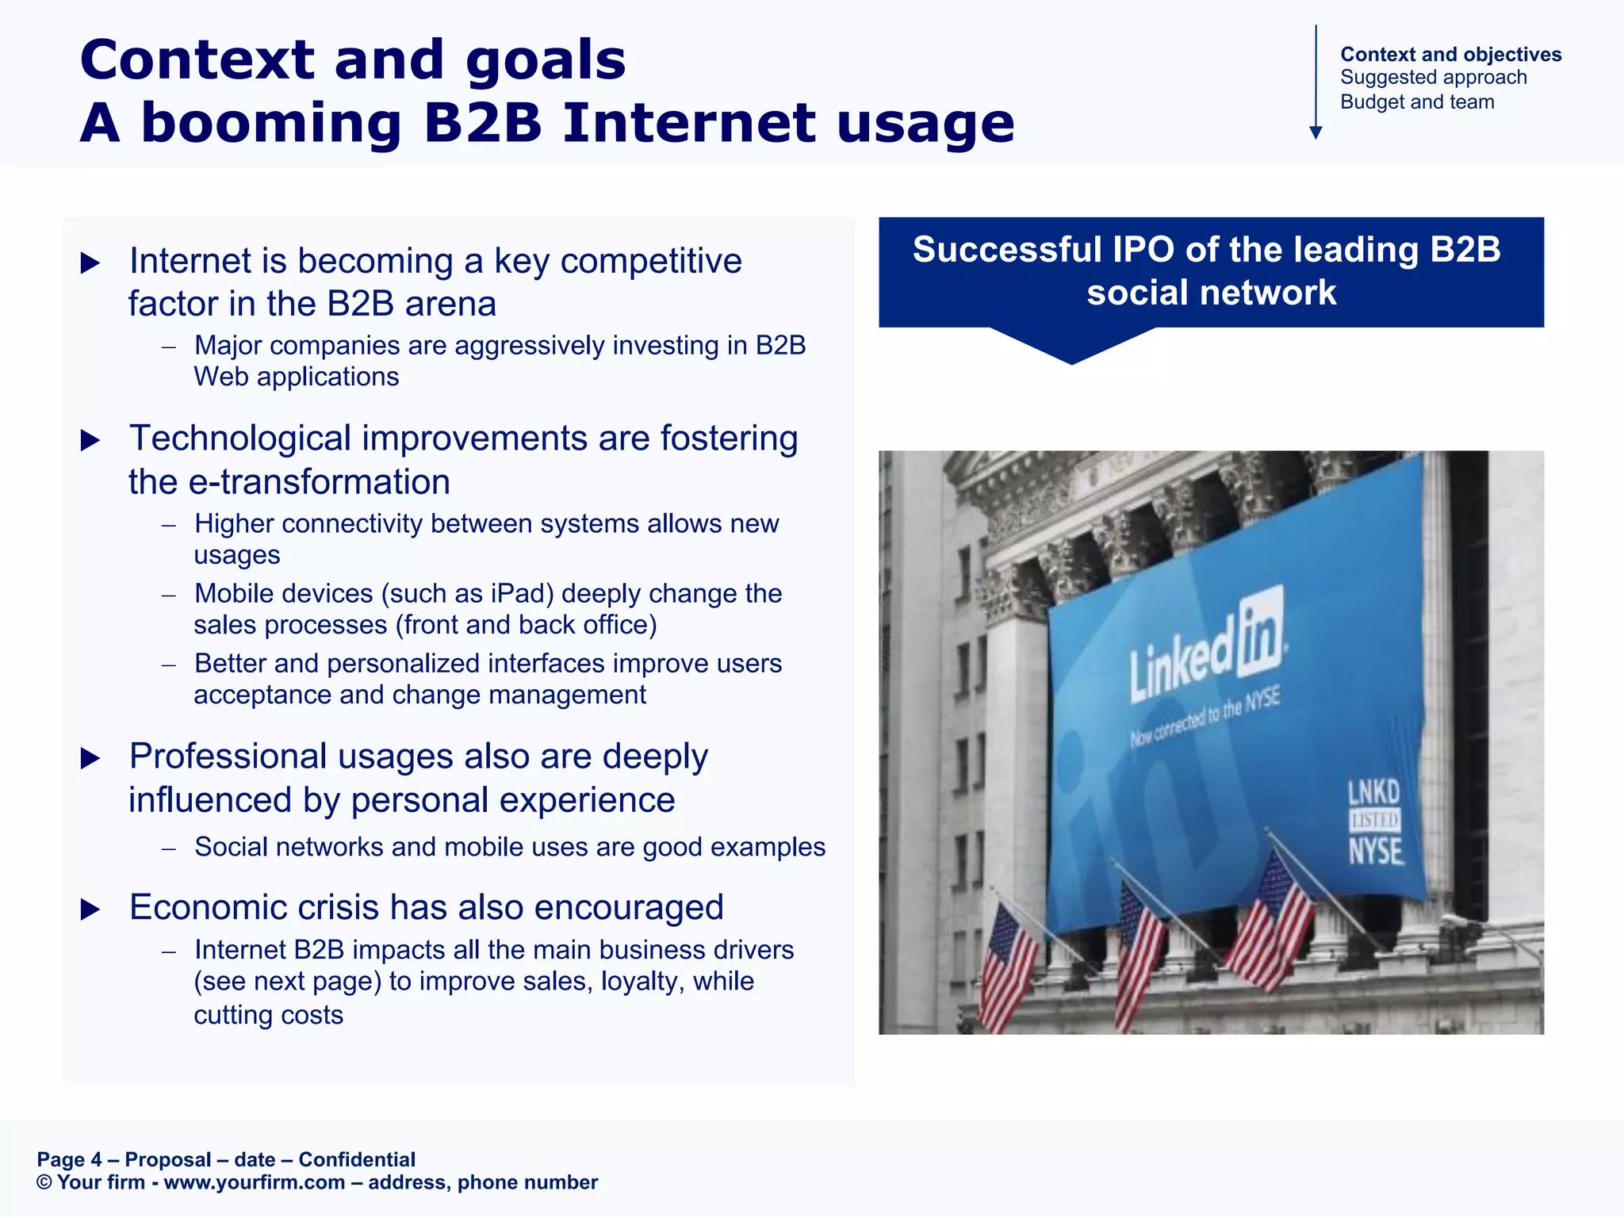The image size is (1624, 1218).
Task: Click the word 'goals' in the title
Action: [x=546, y=62]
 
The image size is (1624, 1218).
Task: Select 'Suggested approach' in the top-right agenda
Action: [x=1433, y=78]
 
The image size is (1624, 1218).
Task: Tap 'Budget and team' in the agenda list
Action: [x=1416, y=102]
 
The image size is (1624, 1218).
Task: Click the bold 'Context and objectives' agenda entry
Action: [x=1450, y=54]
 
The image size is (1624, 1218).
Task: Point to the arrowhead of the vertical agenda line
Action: [x=1316, y=132]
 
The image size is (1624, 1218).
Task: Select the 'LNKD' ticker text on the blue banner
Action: [x=1374, y=792]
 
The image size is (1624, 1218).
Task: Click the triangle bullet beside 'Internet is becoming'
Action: [x=91, y=263]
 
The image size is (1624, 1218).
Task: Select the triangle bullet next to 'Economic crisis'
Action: [x=91, y=910]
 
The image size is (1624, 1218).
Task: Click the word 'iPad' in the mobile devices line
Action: [x=516, y=594]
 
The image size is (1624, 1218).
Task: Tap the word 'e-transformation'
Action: [x=320, y=482]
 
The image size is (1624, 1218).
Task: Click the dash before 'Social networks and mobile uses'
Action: [x=168, y=848]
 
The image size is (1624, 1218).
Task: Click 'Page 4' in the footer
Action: [x=69, y=1160]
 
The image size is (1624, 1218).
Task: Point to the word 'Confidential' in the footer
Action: [x=357, y=1160]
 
